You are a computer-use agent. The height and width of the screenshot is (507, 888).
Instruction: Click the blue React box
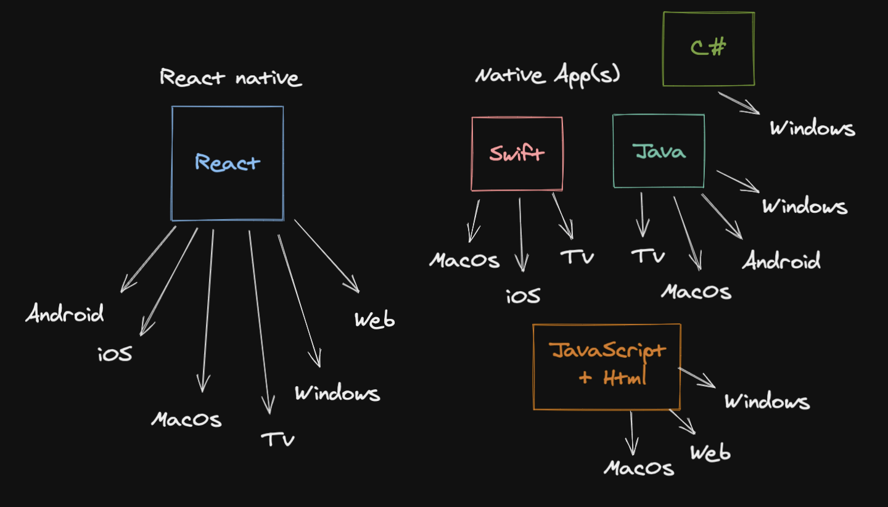228,163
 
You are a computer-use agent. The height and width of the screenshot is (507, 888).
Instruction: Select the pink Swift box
517,154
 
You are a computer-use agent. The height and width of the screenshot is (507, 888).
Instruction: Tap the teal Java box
659,151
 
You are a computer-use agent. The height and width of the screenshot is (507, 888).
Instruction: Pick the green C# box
709,49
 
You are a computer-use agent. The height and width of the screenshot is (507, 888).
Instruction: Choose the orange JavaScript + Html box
607,366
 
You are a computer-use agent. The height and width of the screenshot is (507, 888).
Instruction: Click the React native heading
230,78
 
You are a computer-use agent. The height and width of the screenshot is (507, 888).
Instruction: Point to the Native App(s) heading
548,75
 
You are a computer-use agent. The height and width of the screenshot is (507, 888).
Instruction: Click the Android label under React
65,314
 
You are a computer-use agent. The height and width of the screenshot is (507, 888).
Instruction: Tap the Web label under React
374,320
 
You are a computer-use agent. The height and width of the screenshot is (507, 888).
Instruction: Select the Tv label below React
277,439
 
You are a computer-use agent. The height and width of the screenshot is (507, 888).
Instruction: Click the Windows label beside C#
812,128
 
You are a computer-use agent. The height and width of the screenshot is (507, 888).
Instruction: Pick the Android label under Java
781,261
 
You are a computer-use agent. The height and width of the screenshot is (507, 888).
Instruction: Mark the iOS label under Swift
523,296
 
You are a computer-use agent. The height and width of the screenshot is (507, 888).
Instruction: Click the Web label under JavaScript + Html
710,453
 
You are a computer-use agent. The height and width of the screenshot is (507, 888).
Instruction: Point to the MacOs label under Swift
464,260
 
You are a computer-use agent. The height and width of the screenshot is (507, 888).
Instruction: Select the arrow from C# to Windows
738,102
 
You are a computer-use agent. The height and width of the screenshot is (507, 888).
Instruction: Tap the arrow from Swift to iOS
521,234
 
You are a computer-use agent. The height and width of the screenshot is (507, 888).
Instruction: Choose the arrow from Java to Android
721,216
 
